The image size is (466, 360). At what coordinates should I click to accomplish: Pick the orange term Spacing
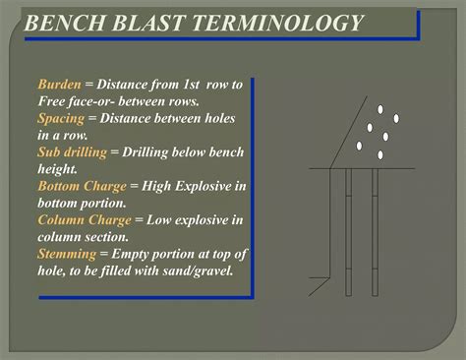(64, 117)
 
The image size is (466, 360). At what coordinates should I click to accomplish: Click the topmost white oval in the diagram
(379, 109)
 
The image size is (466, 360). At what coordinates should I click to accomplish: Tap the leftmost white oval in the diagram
(359, 147)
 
